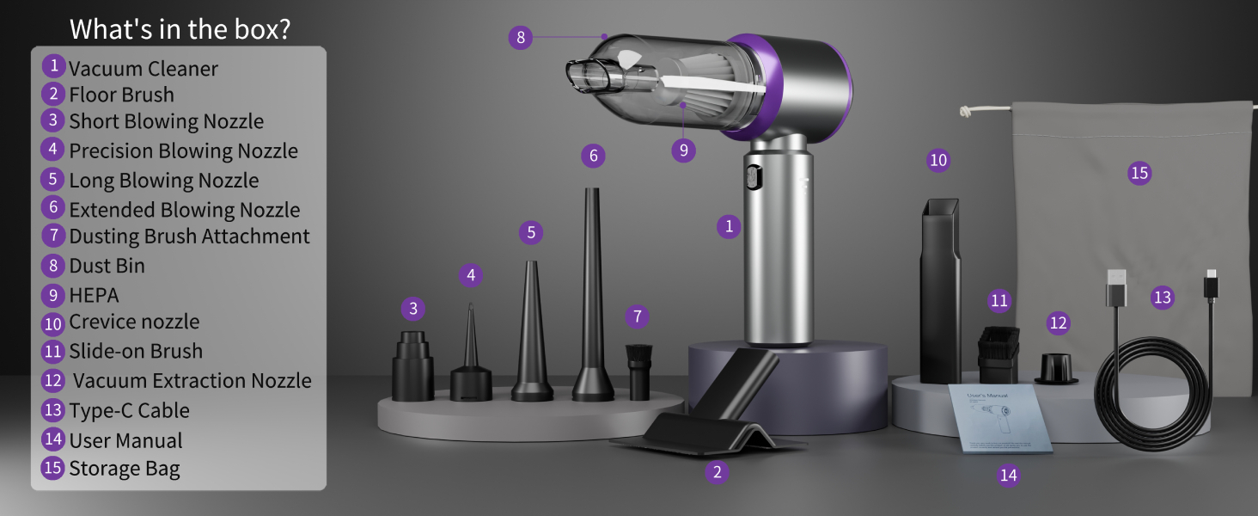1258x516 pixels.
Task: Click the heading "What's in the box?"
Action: point(180,28)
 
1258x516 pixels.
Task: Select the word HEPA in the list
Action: point(94,295)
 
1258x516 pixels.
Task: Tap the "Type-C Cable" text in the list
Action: point(129,410)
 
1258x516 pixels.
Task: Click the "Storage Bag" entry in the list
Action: point(125,469)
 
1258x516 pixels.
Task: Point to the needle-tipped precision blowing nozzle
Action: point(471,361)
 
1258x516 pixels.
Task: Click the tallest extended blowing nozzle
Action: point(592,301)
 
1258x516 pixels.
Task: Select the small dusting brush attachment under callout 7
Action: point(638,371)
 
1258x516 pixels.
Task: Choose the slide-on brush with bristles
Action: point(998,353)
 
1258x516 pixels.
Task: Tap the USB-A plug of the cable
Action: point(1114,287)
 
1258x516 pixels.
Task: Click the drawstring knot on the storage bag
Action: point(967,111)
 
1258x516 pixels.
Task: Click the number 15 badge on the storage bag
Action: point(1139,173)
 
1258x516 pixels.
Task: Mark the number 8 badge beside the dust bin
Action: point(520,37)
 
